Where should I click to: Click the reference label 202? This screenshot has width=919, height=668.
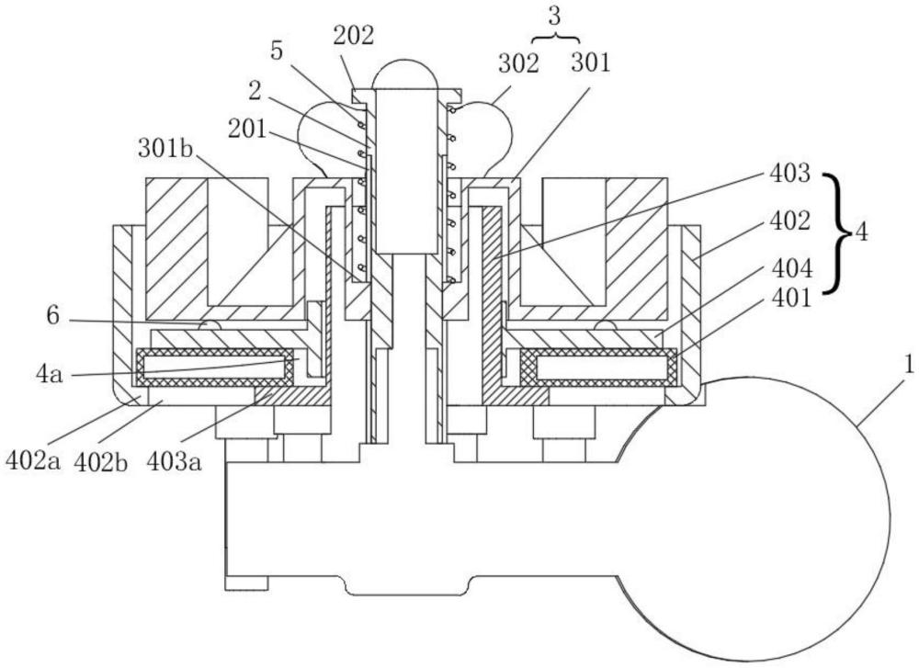[354, 37]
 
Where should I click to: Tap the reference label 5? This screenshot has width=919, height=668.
[277, 51]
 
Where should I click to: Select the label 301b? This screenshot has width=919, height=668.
[165, 149]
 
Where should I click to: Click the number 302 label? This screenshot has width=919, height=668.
[518, 63]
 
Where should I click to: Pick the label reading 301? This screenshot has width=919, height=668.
[591, 62]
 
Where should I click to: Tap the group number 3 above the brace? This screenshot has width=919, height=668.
[554, 17]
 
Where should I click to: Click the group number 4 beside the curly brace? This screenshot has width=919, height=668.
[861, 232]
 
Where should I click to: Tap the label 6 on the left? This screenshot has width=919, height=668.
[52, 316]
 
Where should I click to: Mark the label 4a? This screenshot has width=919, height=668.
[49, 375]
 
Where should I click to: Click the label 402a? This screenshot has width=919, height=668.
[33, 461]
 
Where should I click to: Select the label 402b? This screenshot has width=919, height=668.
[101, 462]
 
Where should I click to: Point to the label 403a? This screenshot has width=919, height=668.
[174, 462]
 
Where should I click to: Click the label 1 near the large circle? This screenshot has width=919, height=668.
[909, 367]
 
